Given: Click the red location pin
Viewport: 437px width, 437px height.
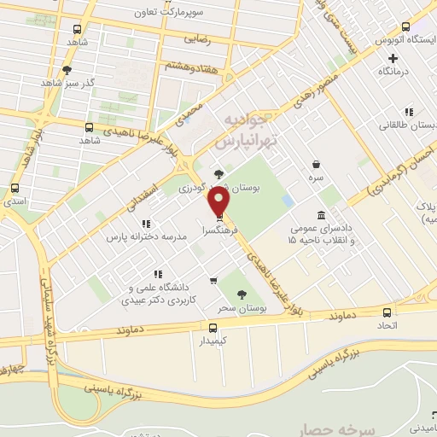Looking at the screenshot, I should tap(219, 201).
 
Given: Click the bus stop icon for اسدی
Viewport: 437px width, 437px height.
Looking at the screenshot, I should tap(14, 188).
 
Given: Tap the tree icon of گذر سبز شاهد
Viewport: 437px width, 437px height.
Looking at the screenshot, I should tap(67, 70).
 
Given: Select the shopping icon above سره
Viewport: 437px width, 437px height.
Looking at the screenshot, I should tap(317, 164).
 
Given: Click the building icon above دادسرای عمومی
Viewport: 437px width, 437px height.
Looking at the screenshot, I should tap(320, 214).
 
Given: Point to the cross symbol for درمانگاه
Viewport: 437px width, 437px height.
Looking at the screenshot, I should tap(393, 58).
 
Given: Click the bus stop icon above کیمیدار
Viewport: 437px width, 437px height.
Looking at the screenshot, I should tap(213, 326).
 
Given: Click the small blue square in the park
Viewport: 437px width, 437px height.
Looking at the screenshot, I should tap(288, 200).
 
